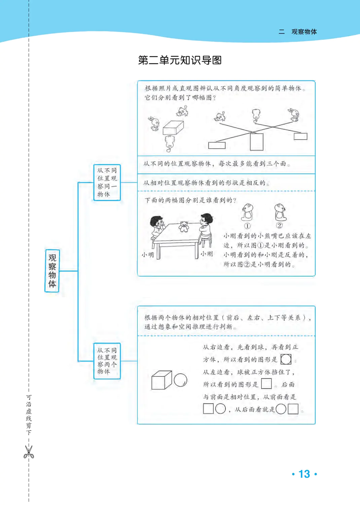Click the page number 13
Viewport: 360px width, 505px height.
pyautogui.click(x=304, y=474)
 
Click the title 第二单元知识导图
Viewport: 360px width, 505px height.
pyautogui.click(x=180, y=60)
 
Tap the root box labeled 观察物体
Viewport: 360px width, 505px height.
pyautogui.click(x=52, y=271)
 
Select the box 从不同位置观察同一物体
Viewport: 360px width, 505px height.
pyautogui.click(x=107, y=182)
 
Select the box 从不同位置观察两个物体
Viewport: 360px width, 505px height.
pyautogui.click(x=107, y=361)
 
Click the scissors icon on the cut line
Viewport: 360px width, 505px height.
pyautogui.click(x=29, y=452)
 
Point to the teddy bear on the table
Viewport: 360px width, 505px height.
pyautogui.click(x=184, y=227)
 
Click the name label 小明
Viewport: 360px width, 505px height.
pyautogui.click(x=148, y=255)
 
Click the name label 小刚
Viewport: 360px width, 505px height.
pyautogui.click(x=207, y=254)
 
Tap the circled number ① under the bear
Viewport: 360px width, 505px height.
pyautogui.click(x=247, y=226)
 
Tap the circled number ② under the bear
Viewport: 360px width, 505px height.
pyautogui.click(x=279, y=226)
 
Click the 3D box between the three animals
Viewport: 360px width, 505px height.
pyautogui.click(x=173, y=128)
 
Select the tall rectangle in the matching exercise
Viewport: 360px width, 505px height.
pyautogui.click(x=256, y=142)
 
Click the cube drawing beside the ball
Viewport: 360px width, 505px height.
pyautogui.click(x=161, y=380)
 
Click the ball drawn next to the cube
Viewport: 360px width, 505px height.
pyautogui.click(x=181, y=380)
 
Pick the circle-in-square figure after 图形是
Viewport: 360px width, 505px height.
pyautogui.click(x=286, y=359)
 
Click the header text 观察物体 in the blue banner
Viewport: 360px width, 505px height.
pyautogui.click(x=304, y=32)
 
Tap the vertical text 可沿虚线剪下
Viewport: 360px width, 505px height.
pyautogui.click(x=29, y=415)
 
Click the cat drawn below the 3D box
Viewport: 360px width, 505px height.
pyautogui.click(x=170, y=143)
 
